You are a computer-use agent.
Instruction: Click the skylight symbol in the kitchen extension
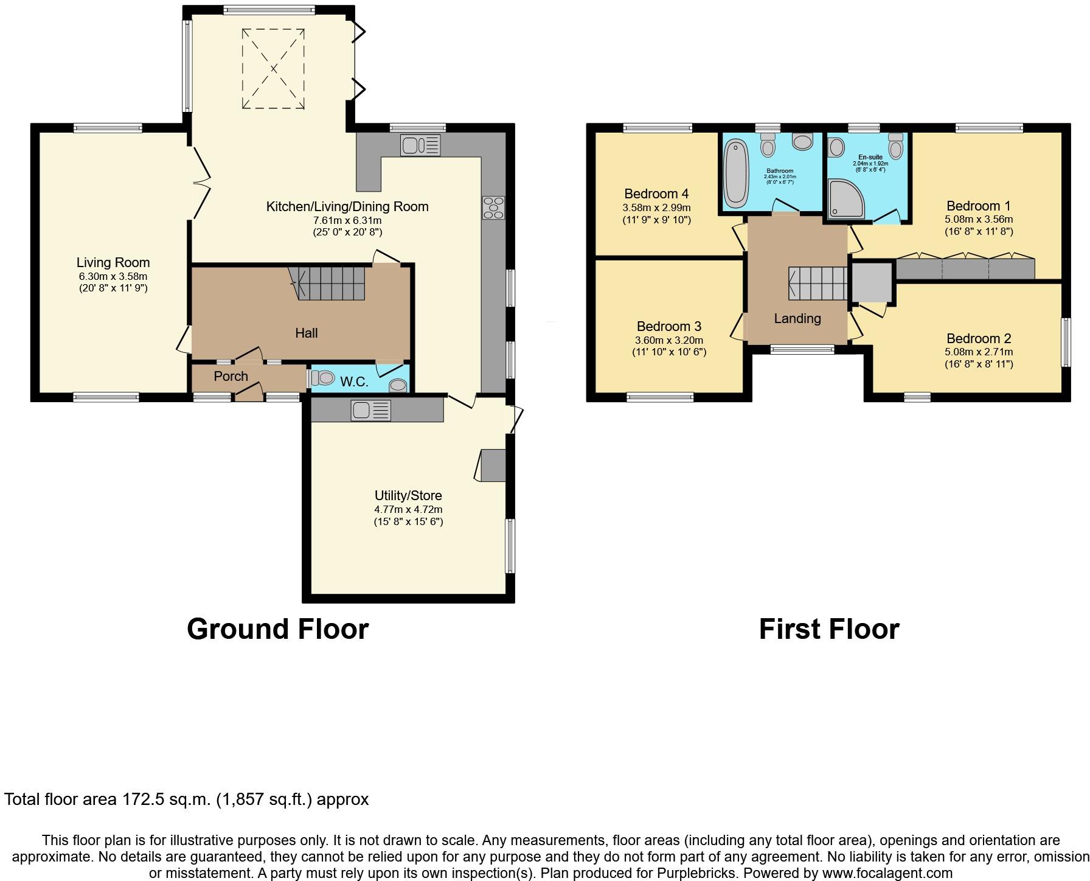pyautogui.click(x=273, y=69)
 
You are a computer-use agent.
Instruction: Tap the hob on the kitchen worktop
pyautogui.click(x=493, y=207)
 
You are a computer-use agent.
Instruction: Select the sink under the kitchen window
pyautogui.click(x=420, y=145)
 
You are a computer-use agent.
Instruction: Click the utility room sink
pyautogui.click(x=370, y=411)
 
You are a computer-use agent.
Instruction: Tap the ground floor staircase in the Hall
pyautogui.click(x=329, y=283)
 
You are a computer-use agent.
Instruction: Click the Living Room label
pyautogui.click(x=113, y=262)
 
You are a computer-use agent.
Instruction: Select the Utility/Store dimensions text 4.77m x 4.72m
pyautogui.click(x=408, y=509)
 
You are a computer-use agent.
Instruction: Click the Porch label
pyautogui.click(x=231, y=376)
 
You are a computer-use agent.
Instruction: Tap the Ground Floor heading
pyautogui.click(x=277, y=629)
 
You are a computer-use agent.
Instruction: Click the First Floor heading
pyautogui.click(x=828, y=629)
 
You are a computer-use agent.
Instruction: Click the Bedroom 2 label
pyautogui.click(x=978, y=338)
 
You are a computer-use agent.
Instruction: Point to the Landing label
pyautogui.click(x=797, y=318)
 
